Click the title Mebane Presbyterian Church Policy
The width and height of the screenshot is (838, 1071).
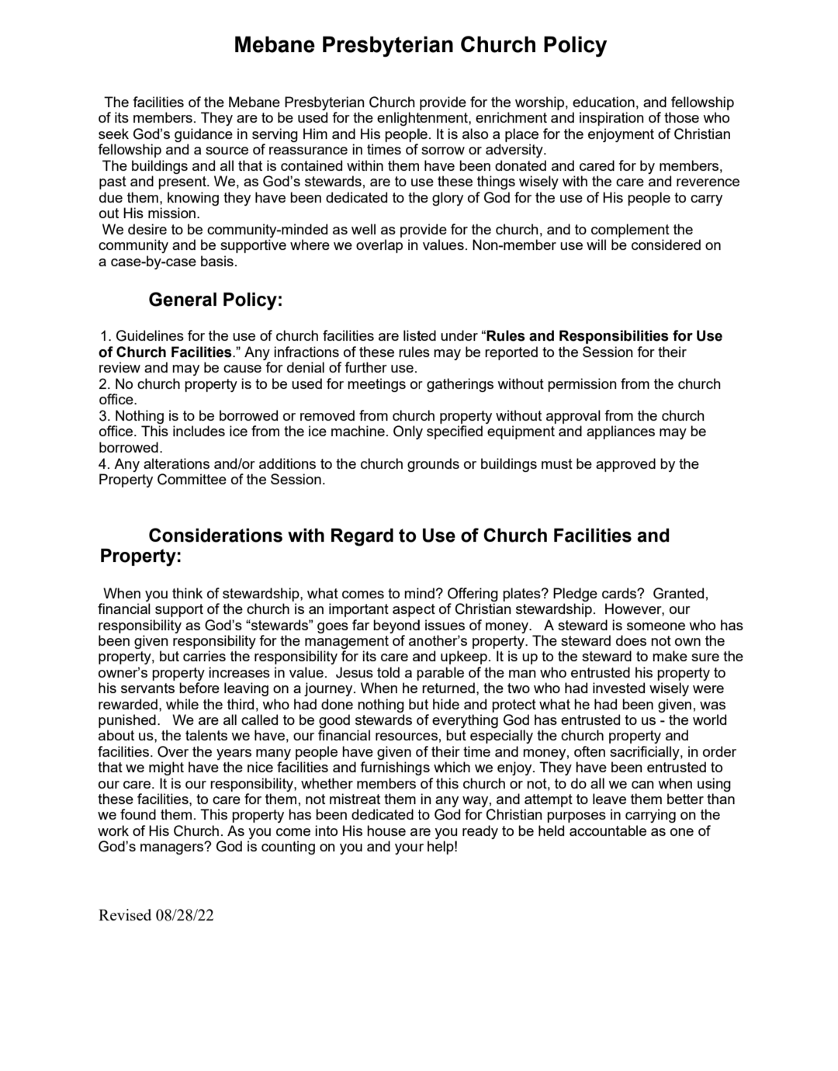(x=420, y=45)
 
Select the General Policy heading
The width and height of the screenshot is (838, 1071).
(x=215, y=300)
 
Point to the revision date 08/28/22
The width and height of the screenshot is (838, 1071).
(x=185, y=915)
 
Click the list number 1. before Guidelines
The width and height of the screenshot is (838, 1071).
(x=106, y=336)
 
